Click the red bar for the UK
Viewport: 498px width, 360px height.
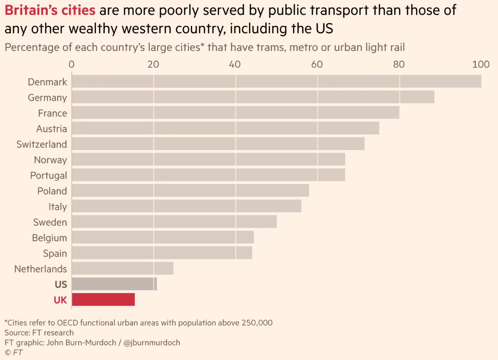coord(103,300)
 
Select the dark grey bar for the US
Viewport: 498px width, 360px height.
coord(114,284)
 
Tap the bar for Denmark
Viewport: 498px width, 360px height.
coord(276,82)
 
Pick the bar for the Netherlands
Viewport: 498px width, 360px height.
coord(122,268)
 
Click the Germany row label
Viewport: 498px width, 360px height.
coord(47,98)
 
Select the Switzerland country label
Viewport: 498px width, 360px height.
coord(42,144)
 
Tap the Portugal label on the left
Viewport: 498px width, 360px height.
coord(48,176)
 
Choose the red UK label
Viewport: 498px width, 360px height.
coord(60,300)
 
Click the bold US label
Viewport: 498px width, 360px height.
coord(60,285)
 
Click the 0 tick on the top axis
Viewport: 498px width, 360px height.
coord(72,65)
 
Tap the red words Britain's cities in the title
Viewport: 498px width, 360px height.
coord(50,10)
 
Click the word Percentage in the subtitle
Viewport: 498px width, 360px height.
coord(32,47)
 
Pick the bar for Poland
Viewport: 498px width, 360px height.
coord(190,191)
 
